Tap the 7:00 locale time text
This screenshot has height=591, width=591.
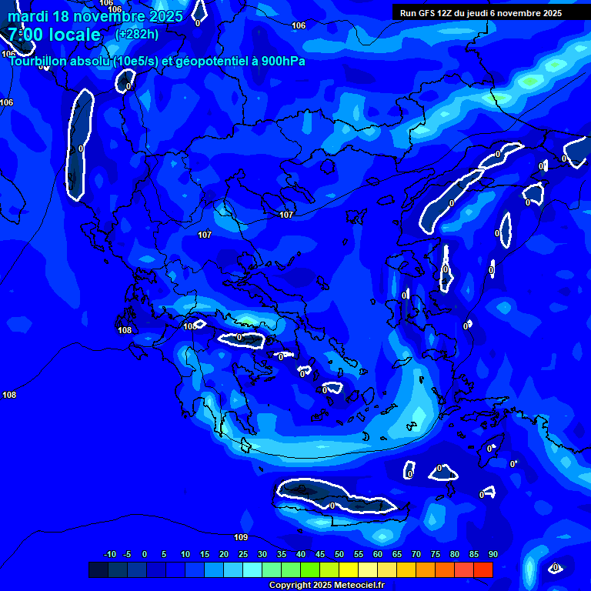(54, 35)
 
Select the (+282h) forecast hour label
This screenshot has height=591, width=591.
(137, 34)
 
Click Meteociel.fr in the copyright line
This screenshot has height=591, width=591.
(354, 586)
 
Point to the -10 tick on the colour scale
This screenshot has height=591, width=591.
(109, 554)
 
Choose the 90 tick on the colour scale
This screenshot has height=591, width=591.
(493, 554)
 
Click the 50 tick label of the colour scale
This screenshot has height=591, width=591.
(339, 554)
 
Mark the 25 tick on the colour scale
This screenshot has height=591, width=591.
(243, 554)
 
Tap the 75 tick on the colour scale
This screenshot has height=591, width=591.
(436, 554)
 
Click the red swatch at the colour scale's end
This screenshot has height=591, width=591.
(482, 569)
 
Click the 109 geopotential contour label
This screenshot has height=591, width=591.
(241, 537)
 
